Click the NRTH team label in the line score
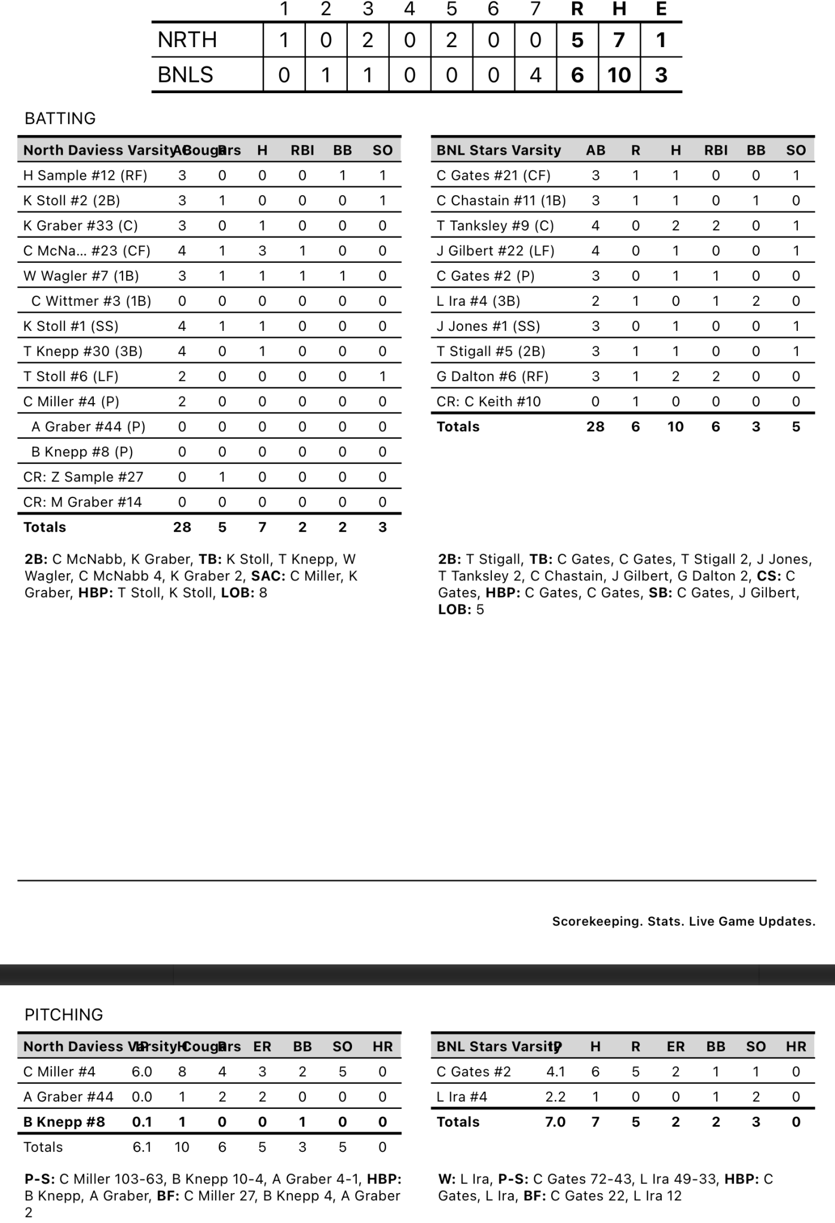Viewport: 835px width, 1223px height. pyautogui.click(x=187, y=40)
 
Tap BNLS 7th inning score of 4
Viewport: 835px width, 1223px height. pyautogui.click(x=536, y=75)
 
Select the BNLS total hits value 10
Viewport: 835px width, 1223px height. pyautogui.click(x=619, y=75)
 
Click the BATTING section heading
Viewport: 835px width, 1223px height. pyautogui.click(x=60, y=118)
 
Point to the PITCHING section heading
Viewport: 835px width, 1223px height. pyautogui.click(x=63, y=1015)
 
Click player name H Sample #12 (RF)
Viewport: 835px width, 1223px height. pyautogui.click(x=85, y=176)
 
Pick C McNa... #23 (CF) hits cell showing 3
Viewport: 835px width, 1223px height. pyautogui.click(x=262, y=251)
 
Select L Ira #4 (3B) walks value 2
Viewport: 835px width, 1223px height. pyautogui.click(x=756, y=301)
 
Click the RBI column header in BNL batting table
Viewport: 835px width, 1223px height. pyautogui.click(x=715, y=150)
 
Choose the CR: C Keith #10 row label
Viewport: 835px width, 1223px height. pyautogui.click(x=488, y=401)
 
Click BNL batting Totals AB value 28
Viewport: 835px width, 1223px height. pyautogui.click(x=595, y=427)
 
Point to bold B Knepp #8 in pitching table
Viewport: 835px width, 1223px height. pyautogui.click(x=64, y=1122)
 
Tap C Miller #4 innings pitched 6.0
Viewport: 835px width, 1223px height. pyautogui.click(x=142, y=1072)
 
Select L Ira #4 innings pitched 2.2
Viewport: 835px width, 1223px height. pyautogui.click(x=555, y=1097)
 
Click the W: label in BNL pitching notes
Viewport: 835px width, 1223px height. pyautogui.click(x=447, y=1179)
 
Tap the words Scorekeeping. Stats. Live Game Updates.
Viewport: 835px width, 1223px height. pyautogui.click(x=683, y=921)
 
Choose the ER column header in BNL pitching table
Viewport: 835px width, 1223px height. pyautogui.click(x=675, y=1047)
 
